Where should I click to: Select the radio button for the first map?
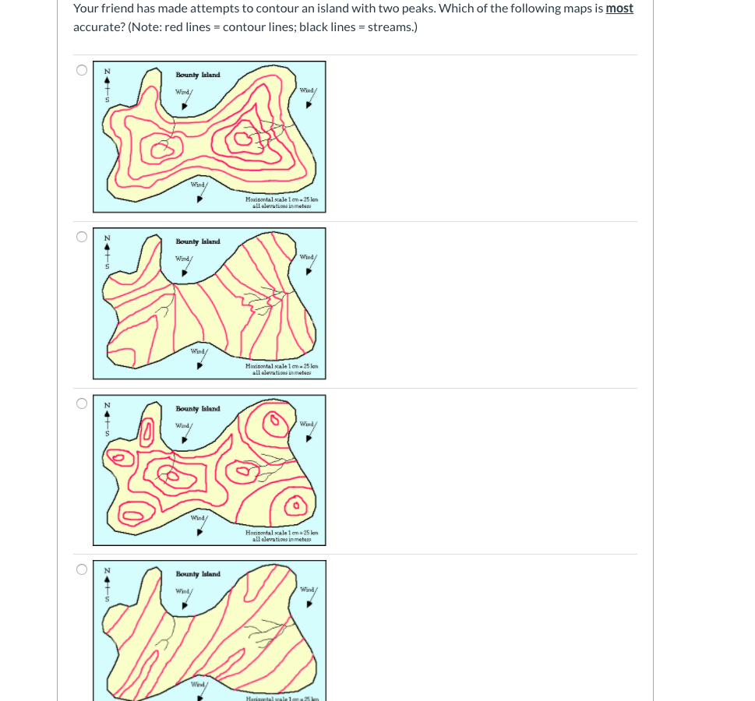82,70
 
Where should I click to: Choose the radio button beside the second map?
82,237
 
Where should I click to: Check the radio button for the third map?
82,403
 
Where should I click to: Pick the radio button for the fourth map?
82,569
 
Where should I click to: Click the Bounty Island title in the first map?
198,75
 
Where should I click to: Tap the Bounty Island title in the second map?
198,241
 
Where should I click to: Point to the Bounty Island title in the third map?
198,408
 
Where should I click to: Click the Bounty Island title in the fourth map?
198,574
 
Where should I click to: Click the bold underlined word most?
619,9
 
